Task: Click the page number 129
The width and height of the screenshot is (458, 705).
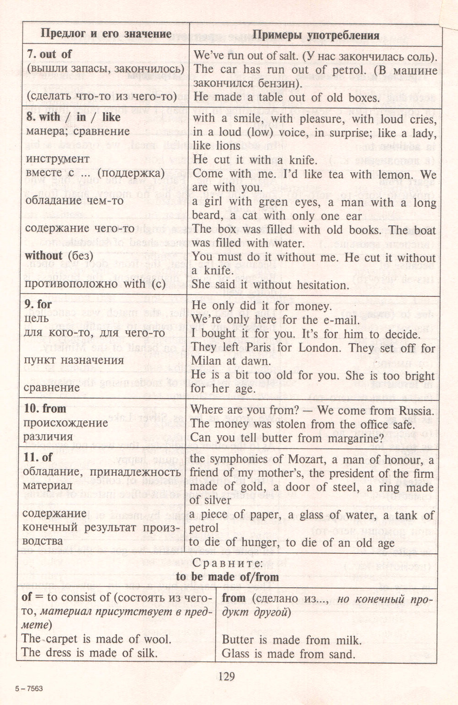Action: click(x=226, y=676)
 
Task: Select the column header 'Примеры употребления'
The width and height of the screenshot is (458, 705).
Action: click(x=316, y=35)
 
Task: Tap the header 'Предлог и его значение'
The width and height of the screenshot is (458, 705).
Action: click(x=106, y=33)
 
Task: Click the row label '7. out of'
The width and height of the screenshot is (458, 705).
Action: click(x=49, y=54)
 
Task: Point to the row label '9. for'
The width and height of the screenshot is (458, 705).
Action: click(x=38, y=305)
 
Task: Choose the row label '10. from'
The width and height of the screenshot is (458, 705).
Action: click(x=45, y=409)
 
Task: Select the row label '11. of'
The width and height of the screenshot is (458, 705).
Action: click(x=38, y=457)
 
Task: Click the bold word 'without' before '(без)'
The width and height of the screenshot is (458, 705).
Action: click(x=44, y=256)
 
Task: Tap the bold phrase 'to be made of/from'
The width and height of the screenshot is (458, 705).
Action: click(x=228, y=576)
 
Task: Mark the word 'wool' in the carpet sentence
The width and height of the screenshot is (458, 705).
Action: click(x=155, y=639)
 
